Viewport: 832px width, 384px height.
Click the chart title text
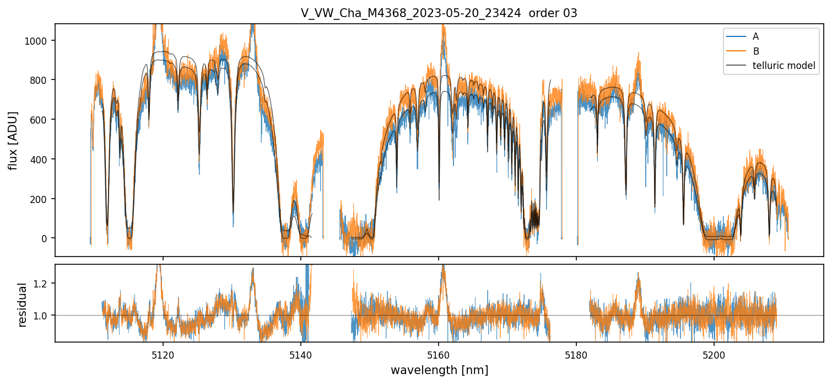coord(439,13)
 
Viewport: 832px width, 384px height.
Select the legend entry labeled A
coord(755,36)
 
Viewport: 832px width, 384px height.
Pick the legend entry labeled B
coord(755,51)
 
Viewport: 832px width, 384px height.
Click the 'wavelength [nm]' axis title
coord(439,370)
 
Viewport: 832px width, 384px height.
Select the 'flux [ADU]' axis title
coord(13,140)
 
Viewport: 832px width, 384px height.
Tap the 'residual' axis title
coord(23,305)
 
